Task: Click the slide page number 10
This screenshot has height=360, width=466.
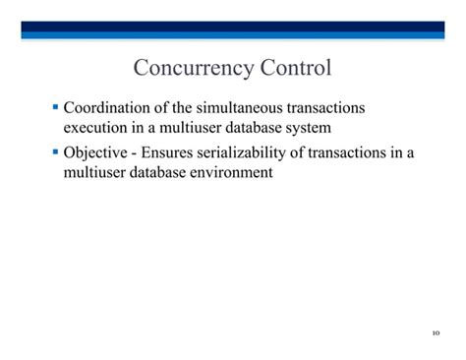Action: point(436,333)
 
